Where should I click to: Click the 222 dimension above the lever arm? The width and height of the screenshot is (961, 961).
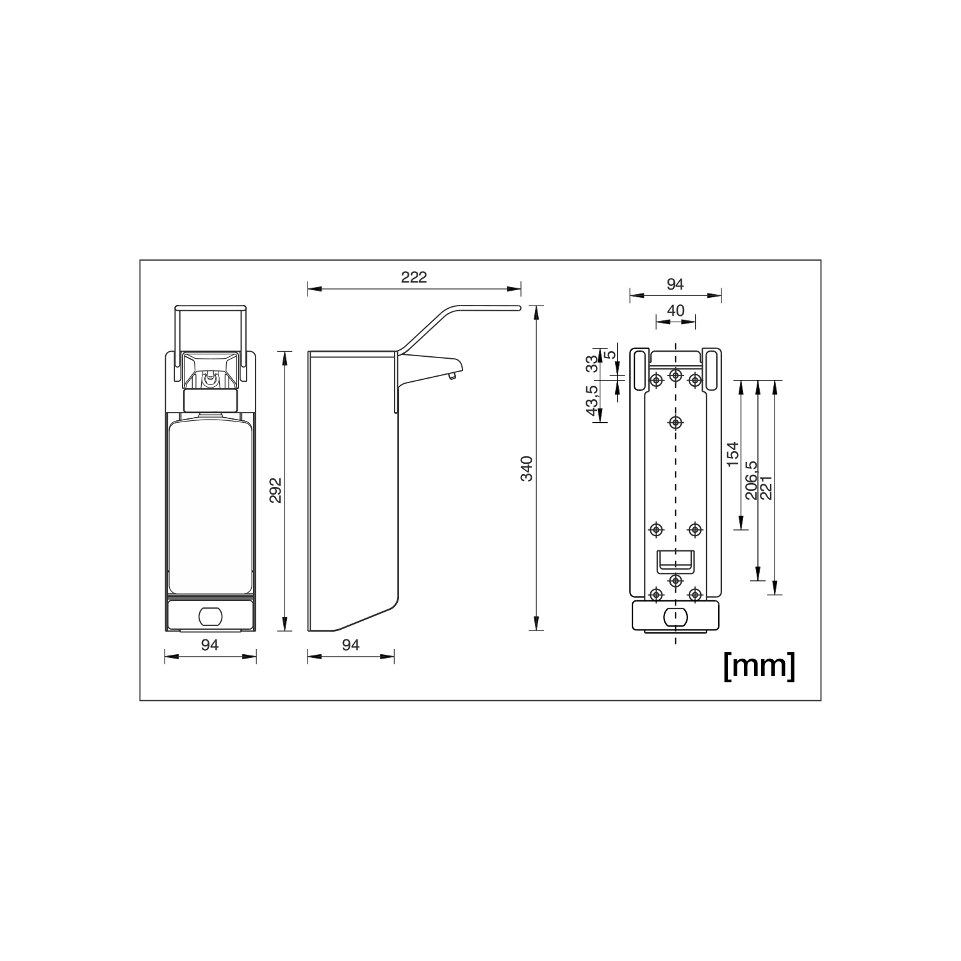coord(413,277)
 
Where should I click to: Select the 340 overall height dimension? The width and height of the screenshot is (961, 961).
coord(527,468)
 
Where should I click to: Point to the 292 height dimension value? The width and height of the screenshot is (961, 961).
coord(275,490)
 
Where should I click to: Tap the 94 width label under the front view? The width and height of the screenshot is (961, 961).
coord(210,645)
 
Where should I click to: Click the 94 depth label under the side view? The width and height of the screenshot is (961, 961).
coord(350,645)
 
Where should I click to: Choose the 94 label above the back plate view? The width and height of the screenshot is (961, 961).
coord(675,284)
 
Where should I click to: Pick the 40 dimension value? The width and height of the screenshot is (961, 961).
coord(675,311)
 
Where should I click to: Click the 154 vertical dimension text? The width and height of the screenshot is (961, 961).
coord(733,454)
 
